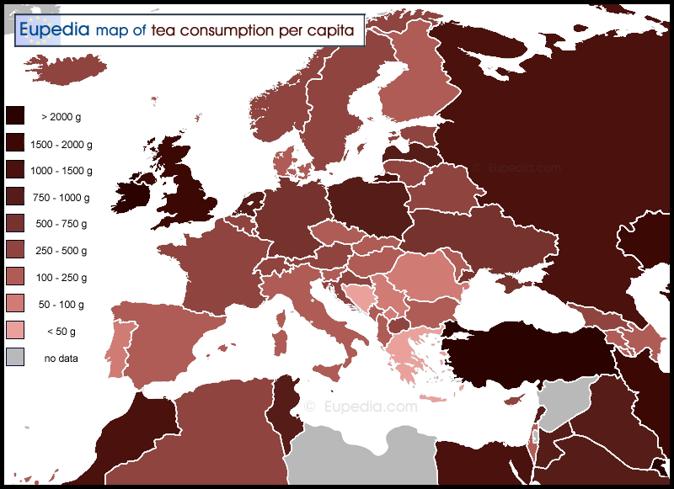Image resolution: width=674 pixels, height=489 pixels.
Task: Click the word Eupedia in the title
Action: point(55,31)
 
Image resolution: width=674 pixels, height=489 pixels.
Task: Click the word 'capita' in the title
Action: point(336,31)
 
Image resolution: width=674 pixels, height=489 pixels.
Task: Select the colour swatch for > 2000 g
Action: point(15,117)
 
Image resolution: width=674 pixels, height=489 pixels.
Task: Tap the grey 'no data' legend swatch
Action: point(15,358)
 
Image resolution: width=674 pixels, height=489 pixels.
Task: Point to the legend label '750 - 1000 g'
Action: point(60,198)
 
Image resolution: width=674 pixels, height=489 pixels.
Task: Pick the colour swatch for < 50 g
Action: point(15,331)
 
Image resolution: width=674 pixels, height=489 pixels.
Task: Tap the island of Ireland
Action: point(135,193)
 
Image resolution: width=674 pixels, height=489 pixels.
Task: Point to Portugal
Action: point(119,341)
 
